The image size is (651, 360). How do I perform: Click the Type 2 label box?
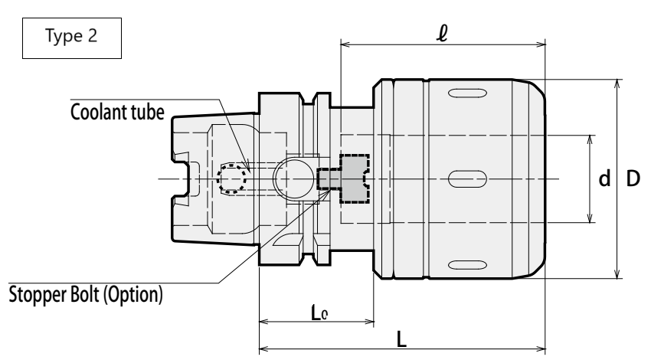click(72, 38)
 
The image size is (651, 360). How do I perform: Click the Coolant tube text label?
click(117, 112)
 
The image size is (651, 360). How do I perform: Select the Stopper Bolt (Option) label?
click(86, 294)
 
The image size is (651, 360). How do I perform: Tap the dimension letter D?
click(633, 179)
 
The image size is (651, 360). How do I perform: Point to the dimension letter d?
click(604, 178)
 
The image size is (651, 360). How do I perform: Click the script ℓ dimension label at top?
click(443, 33)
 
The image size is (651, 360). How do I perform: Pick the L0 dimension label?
click(319, 313)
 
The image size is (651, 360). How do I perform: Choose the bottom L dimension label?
click(401, 339)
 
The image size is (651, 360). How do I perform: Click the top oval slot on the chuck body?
click(467, 93)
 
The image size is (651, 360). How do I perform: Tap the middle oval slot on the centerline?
click(467, 179)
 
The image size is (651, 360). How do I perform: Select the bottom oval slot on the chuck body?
click(467, 265)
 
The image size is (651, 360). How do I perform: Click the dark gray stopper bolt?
click(343, 179)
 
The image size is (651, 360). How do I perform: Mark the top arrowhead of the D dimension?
click(617, 83)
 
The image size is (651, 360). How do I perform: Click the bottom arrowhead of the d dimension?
click(590, 218)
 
